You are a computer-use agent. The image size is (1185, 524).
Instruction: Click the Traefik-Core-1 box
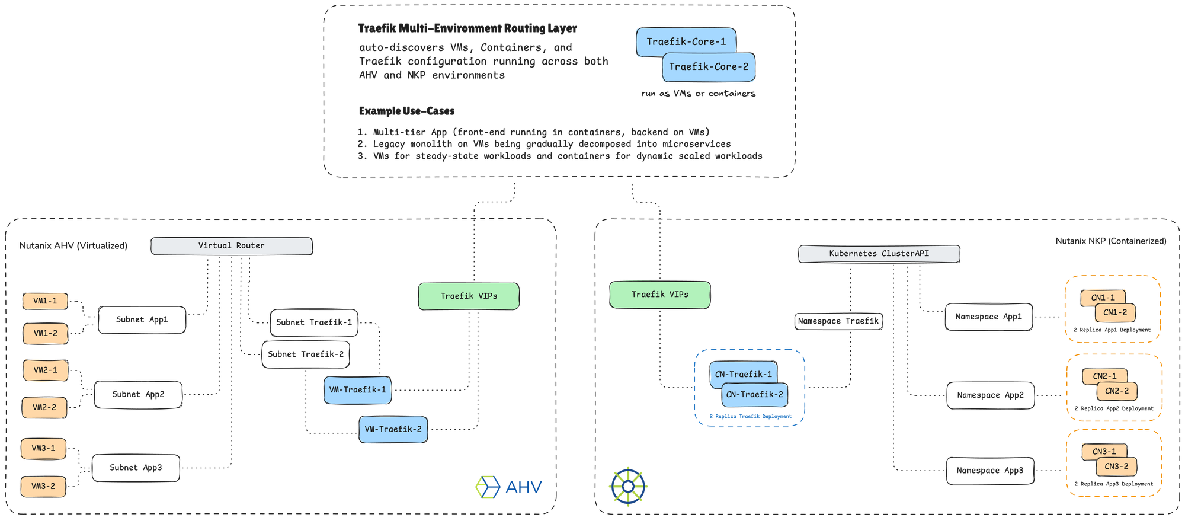click(x=686, y=41)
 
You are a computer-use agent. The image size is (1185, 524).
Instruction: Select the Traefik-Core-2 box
click(x=708, y=67)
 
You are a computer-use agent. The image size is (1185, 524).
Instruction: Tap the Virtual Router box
click(x=231, y=245)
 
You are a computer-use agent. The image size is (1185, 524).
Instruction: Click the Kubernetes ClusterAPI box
click(x=879, y=254)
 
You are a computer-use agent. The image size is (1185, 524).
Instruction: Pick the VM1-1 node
click(x=45, y=301)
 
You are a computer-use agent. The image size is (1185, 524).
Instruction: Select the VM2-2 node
click(x=44, y=408)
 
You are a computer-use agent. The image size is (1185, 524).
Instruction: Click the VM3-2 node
click(x=43, y=486)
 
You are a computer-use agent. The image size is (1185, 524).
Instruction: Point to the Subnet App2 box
click(x=138, y=395)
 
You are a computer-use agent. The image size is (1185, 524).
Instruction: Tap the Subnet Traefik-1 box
click(x=313, y=322)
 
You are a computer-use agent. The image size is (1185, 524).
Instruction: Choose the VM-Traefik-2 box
click(x=393, y=429)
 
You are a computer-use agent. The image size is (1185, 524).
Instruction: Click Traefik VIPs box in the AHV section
click(x=468, y=296)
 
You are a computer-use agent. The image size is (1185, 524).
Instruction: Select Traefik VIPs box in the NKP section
click(x=659, y=295)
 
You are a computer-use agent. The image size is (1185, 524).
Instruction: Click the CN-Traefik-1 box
click(x=742, y=373)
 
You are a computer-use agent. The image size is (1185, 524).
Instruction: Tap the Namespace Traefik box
click(x=838, y=321)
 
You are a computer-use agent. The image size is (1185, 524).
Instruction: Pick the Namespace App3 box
click(x=989, y=471)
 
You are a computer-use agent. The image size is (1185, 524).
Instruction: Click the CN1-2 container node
click(x=1115, y=312)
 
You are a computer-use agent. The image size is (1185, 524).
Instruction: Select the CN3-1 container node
click(x=1103, y=451)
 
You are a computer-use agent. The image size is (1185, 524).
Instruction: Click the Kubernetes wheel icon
click(x=628, y=487)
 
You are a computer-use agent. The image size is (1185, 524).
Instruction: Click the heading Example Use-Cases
click(x=406, y=111)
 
